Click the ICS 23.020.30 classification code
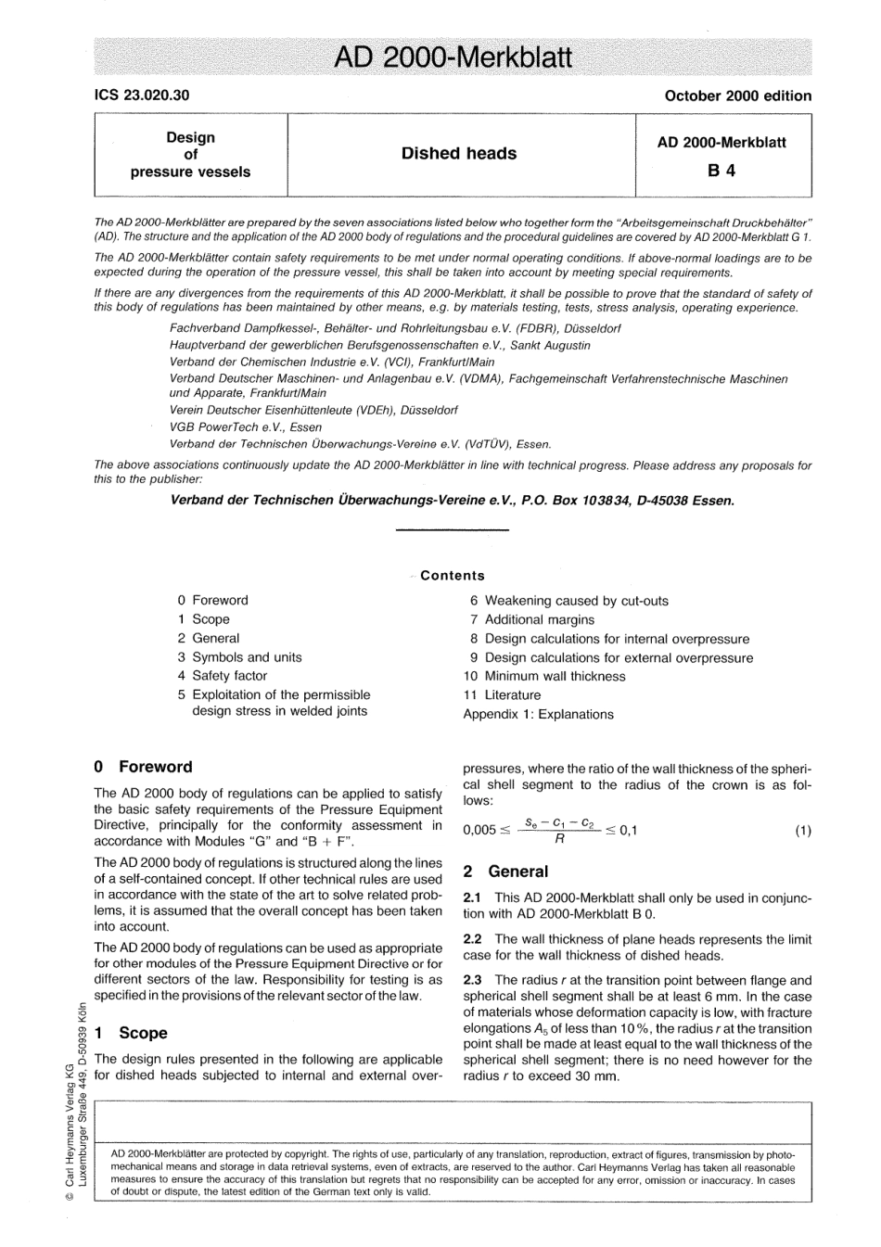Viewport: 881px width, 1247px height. (141, 95)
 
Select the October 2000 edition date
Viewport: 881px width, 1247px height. (737, 95)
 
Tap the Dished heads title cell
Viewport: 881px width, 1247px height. (459, 154)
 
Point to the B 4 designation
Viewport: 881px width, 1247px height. (721, 171)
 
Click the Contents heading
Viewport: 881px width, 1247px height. (452, 576)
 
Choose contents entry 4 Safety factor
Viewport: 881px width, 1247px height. (223, 676)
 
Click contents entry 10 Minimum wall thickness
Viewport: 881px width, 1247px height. (544, 676)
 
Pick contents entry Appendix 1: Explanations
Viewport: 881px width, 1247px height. (538, 714)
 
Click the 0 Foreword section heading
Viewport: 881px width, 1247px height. (144, 767)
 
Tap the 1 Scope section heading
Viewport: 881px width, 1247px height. (131, 1033)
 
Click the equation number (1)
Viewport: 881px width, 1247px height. (802, 830)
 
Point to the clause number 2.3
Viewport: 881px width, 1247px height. (472, 980)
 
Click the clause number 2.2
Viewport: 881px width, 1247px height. (472, 939)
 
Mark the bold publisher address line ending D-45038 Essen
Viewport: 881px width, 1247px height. (453, 501)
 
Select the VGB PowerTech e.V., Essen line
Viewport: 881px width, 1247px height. (246, 427)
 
